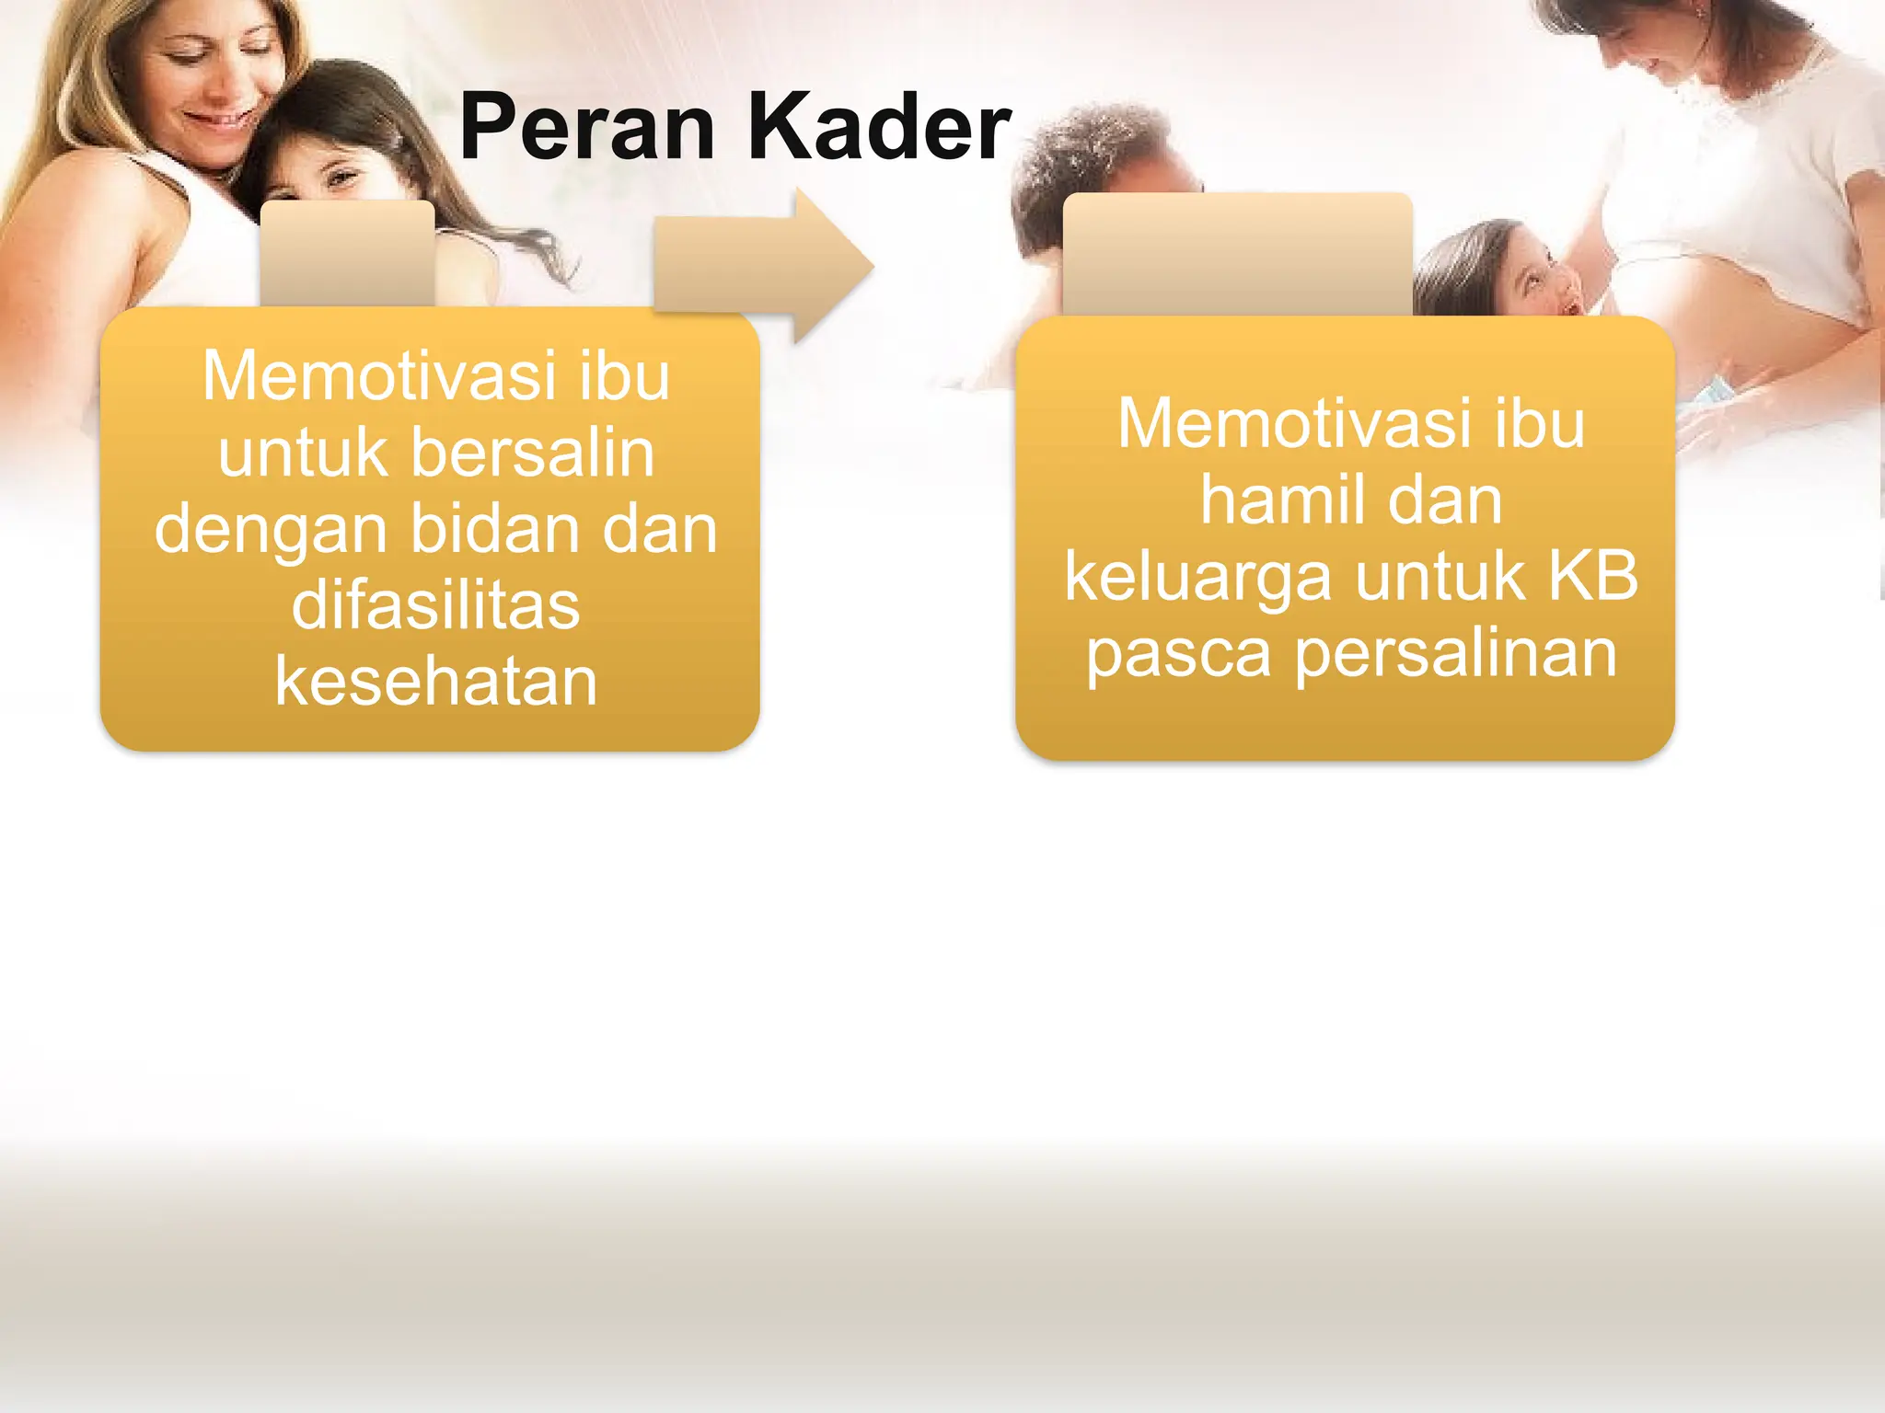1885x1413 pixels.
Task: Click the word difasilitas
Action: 435,605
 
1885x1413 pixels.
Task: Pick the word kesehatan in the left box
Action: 435,682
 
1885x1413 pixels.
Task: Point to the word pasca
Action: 1178,654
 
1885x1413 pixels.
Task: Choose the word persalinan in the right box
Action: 1456,654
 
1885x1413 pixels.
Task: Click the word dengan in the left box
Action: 271,532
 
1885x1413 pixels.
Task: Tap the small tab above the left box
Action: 347,253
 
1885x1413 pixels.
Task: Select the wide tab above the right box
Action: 1237,254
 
